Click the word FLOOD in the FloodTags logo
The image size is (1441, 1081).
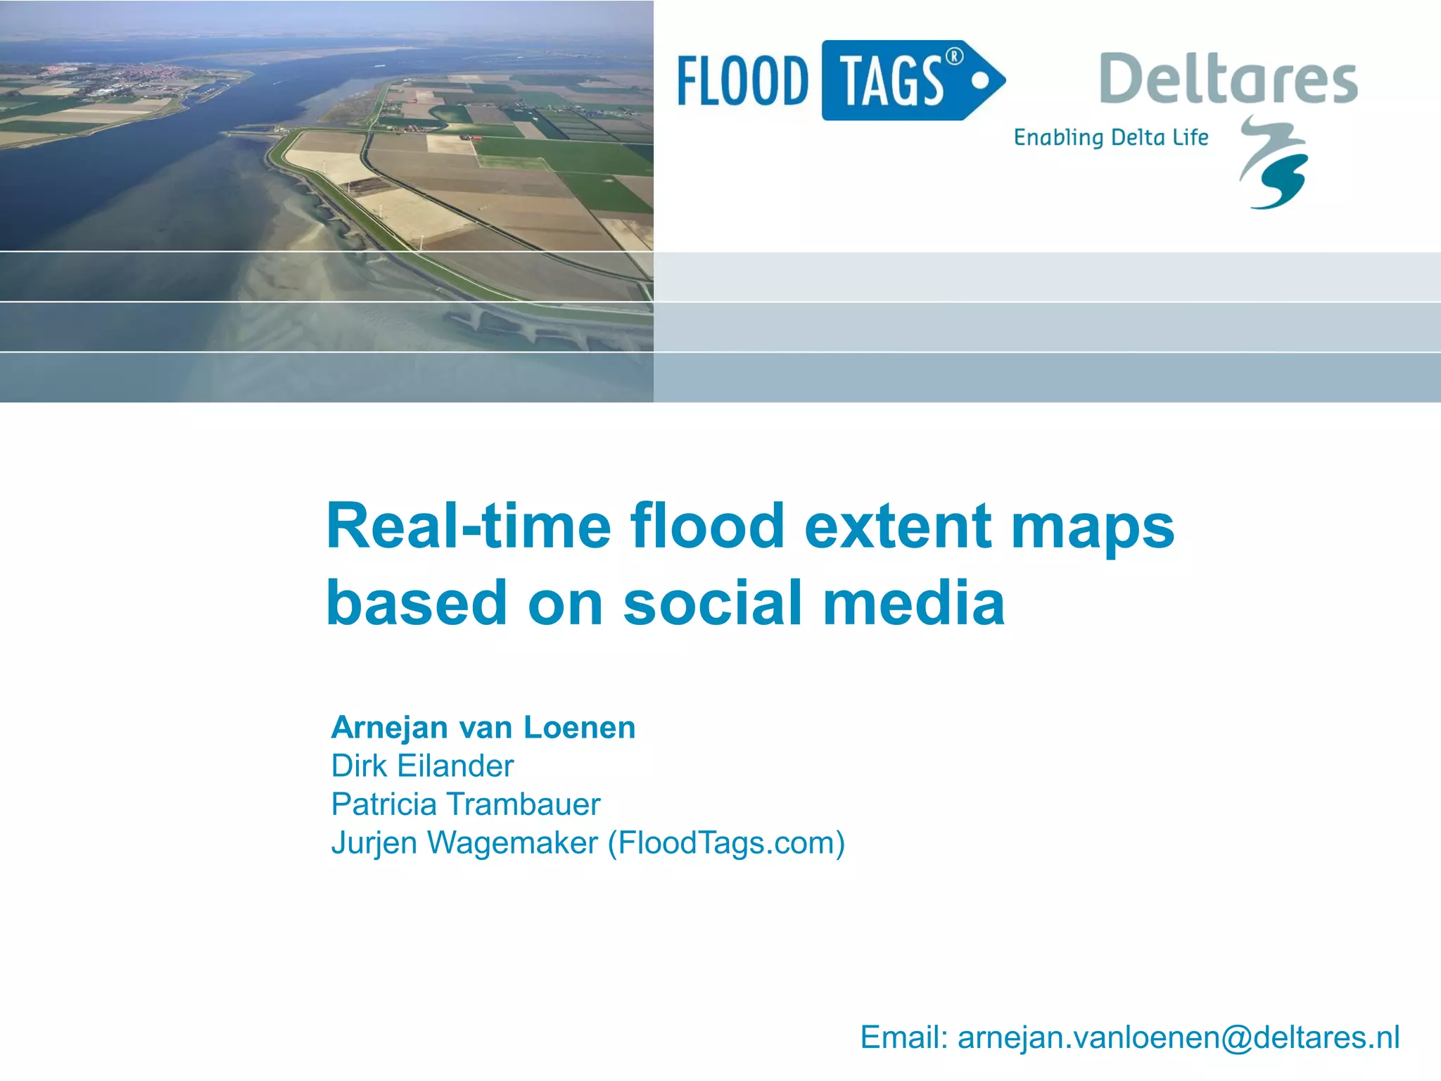tap(742, 81)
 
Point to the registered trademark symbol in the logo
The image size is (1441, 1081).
tap(953, 56)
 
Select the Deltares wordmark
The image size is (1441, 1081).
tap(1228, 79)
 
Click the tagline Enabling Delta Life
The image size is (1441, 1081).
tap(1110, 137)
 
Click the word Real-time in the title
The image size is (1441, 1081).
tap(469, 526)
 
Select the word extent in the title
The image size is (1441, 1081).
tap(898, 526)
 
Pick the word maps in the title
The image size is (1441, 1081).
tap(1092, 528)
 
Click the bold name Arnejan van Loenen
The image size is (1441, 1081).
tap(483, 728)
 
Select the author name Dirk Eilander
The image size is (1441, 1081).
tap(422, 766)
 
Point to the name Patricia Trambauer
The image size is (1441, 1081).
tap(465, 804)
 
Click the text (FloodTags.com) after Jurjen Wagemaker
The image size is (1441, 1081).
tap(726, 843)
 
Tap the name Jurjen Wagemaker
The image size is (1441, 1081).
tap(464, 843)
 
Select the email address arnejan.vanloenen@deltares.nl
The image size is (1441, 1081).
tap(1179, 1037)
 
